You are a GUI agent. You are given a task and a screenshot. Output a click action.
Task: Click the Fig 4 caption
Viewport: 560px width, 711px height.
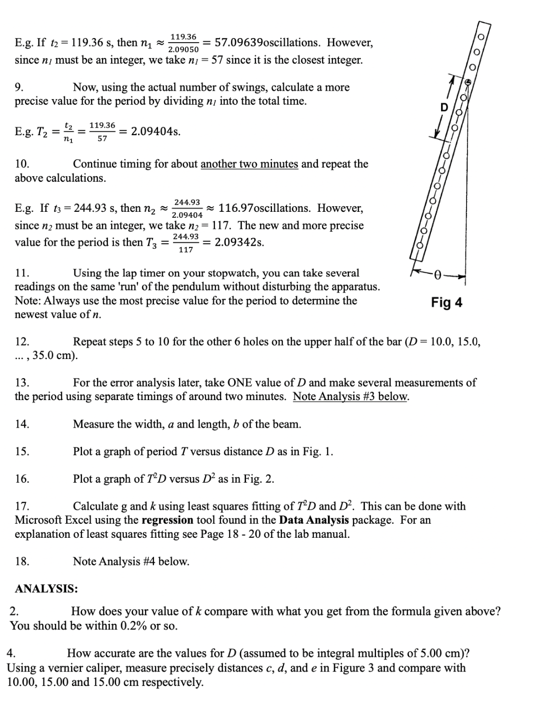click(446, 302)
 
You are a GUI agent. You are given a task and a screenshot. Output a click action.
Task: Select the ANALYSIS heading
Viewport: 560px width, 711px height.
click(46, 588)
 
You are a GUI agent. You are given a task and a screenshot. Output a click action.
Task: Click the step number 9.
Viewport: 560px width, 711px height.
click(19, 87)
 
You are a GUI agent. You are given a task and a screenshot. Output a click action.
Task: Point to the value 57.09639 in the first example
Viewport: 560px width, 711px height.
click(238, 43)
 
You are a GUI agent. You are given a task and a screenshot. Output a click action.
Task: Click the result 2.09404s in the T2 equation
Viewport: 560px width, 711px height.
click(155, 132)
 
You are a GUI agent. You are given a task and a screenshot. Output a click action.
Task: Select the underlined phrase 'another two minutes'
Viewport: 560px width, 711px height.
click(249, 164)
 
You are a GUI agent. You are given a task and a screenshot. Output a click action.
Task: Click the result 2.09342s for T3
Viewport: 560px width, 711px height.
click(239, 242)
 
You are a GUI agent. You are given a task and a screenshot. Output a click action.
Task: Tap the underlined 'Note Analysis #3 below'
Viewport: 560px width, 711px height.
click(351, 397)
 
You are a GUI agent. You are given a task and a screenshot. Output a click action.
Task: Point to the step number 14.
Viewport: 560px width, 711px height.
click(21, 424)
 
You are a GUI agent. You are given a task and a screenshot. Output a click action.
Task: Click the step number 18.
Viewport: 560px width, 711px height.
click(21, 561)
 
